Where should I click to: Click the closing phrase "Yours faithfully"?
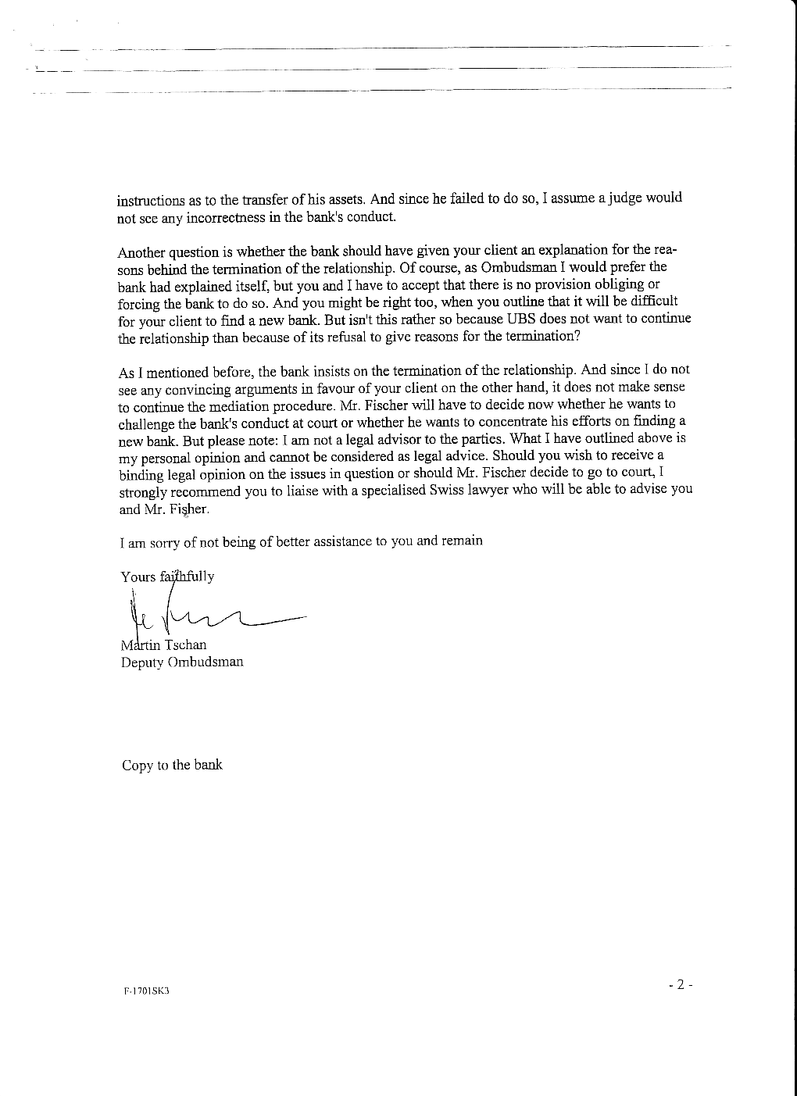167,577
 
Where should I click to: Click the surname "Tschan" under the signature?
185,645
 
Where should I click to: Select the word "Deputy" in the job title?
142,662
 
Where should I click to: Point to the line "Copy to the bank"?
172,766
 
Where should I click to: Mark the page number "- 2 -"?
681,985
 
